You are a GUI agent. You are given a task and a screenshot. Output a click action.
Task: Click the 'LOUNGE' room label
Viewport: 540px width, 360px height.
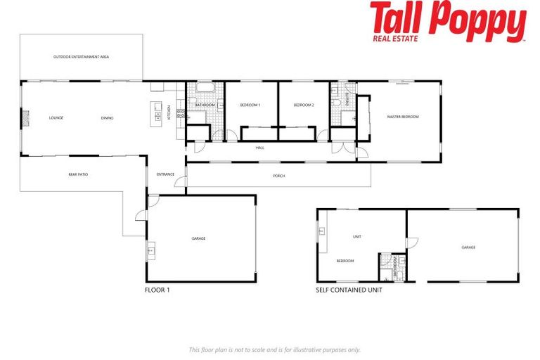coord(56,118)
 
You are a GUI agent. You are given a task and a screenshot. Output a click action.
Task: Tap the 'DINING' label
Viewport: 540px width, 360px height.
coord(107,118)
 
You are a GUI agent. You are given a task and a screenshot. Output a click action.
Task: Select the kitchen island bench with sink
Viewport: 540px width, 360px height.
coord(157,112)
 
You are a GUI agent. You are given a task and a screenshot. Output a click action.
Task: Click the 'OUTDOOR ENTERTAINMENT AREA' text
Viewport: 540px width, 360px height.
coord(81,57)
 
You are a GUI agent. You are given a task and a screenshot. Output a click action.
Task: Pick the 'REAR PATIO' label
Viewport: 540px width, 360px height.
coord(78,174)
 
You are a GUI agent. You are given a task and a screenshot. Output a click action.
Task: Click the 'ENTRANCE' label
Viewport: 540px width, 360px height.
coord(165,174)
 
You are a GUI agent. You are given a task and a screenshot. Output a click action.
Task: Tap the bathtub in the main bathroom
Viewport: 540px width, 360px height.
coord(205,89)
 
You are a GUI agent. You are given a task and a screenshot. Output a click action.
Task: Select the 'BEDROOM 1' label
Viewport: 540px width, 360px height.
coord(250,105)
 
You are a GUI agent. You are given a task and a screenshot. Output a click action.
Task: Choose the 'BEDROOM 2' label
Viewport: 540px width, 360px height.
coord(303,105)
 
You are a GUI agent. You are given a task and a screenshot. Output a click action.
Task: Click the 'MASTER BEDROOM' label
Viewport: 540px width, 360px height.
coord(403,117)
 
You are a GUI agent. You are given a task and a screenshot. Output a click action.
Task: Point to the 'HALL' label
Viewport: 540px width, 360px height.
coord(259,148)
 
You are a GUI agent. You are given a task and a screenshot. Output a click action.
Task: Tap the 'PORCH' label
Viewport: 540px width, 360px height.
coord(279,176)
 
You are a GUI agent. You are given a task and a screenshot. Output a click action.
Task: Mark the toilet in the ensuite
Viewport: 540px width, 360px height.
coord(338,103)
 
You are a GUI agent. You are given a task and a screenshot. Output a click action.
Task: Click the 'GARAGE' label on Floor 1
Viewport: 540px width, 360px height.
coord(199,239)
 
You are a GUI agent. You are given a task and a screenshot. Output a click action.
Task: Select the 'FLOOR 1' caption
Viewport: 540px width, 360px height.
coord(157,290)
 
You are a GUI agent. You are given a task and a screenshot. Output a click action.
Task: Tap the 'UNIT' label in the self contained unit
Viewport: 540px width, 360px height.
coord(357,237)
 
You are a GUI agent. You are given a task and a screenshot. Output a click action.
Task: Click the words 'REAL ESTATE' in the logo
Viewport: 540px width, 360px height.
coord(394,38)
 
